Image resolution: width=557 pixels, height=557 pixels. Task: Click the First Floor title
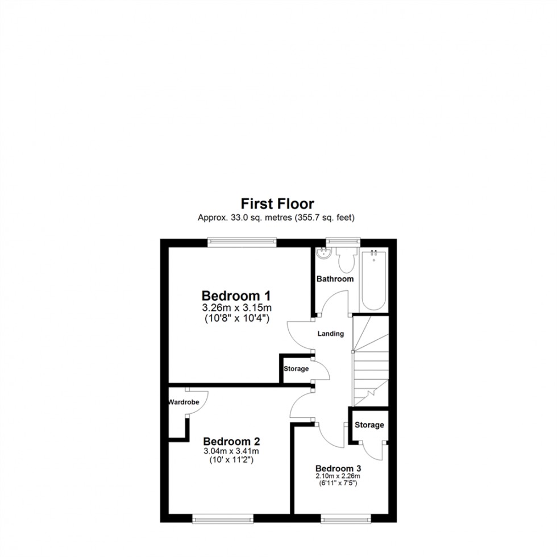(277, 203)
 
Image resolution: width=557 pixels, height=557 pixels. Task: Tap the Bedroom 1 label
(236, 296)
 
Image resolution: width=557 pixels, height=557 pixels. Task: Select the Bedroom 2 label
(232, 441)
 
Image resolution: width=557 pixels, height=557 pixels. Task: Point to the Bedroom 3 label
(339, 468)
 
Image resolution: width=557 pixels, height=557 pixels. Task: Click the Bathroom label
(335, 279)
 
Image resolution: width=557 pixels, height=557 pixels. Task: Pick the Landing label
(331, 334)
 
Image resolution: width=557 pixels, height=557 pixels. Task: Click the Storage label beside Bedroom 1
(296, 369)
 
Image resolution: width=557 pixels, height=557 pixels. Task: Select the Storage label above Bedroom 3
(369, 425)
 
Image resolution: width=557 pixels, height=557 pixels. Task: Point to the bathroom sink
(324, 254)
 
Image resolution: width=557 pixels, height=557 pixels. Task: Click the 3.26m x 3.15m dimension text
(236, 308)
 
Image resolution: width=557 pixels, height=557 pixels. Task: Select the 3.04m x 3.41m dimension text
(232, 451)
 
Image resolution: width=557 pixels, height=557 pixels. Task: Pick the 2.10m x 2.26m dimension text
(339, 476)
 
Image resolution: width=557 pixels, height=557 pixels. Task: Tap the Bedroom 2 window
(223, 518)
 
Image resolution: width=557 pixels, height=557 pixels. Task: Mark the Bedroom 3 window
(346, 518)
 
